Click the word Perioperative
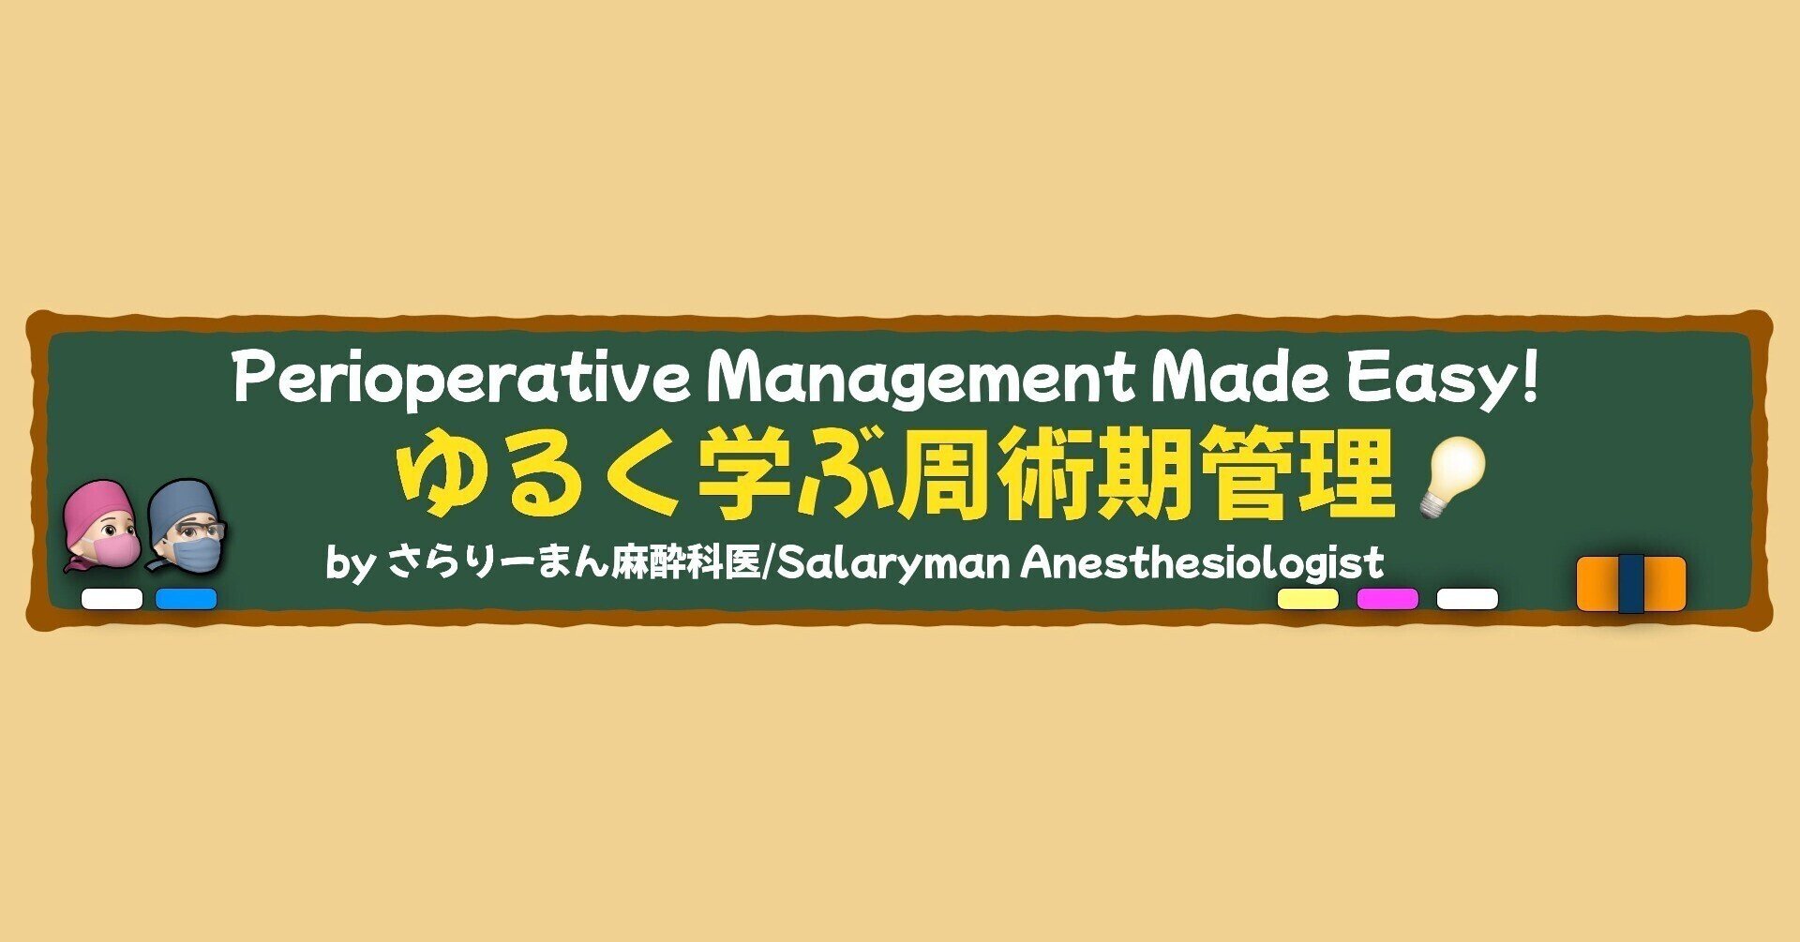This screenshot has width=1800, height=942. pos(460,378)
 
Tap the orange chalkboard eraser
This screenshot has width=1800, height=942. pos(1631,584)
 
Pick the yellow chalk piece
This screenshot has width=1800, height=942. pos(1308,599)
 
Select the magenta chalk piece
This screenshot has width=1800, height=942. pos(1387,599)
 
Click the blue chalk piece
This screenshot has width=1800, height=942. pos(186,599)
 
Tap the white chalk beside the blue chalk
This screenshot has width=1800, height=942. pos(112,599)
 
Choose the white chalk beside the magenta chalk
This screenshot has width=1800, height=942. pos(1467,599)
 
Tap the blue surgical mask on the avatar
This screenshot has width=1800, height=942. pos(196,551)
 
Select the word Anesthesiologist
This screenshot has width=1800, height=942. pos(1202,564)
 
